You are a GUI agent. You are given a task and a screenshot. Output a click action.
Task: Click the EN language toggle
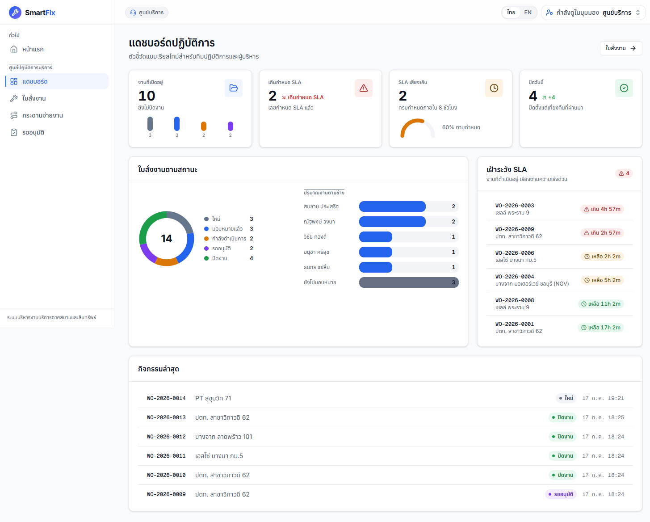pyautogui.click(x=528, y=13)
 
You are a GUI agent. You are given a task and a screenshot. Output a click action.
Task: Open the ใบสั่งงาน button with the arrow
pyautogui.click(x=621, y=48)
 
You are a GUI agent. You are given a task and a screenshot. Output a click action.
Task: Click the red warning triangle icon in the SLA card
pyautogui.click(x=363, y=88)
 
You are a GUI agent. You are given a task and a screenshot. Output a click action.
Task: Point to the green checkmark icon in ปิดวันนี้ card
pyautogui.click(x=624, y=88)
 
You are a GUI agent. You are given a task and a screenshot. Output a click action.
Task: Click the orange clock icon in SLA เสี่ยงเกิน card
pyautogui.click(x=494, y=88)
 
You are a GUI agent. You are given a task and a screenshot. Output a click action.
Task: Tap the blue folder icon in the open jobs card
pyautogui.click(x=234, y=88)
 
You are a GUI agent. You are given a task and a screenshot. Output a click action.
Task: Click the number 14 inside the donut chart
pyautogui.click(x=167, y=239)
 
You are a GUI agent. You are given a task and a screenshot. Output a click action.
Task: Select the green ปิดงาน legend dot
pyautogui.click(x=206, y=258)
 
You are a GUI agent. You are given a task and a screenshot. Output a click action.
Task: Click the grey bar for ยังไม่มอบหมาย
pyautogui.click(x=409, y=282)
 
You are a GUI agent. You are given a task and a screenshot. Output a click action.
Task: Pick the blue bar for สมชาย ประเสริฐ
pyautogui.click(x=392, y=206)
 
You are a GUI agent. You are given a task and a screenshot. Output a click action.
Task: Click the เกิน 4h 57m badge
pyautogui.click(x=602, y=209)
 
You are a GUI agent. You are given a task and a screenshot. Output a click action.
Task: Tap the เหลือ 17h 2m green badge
pyautogui.click(x=601, y=328)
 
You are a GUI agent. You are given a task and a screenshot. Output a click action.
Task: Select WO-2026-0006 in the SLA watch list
pyautogui.click(x=515, y=253)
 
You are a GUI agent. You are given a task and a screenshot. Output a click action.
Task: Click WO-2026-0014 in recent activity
pyautogui.click(x=166, y=398)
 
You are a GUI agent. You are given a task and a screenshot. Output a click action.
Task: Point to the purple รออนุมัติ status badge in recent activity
pyautogui.click(x=561, y=494)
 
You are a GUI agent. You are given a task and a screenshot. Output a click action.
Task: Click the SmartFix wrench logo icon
pyautogui.click(x=15, y=13)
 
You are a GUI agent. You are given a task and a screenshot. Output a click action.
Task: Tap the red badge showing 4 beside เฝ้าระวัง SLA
pyautogui.click(x=624, y=173)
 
